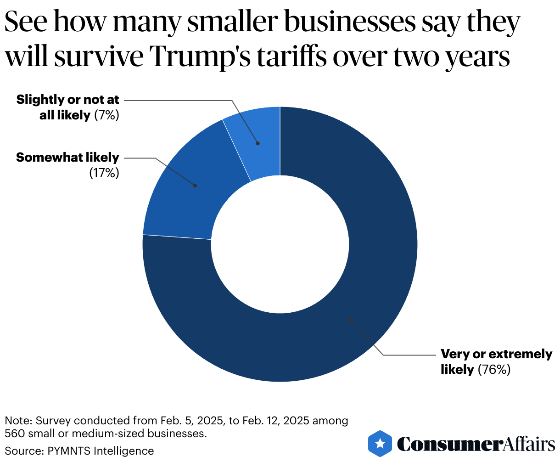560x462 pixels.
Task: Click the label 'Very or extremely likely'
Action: tap(496, 361)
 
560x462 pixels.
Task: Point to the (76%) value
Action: tap(494, 370)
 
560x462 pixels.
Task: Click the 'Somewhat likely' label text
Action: tap(67, 158)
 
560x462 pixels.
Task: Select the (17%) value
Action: tap(104, 173)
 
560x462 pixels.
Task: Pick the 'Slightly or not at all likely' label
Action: tap(67, 107)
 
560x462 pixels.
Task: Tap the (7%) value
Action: tap(106, 115)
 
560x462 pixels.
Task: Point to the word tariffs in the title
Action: tap(289, 57)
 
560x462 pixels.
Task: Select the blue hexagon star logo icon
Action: tap(380, 444)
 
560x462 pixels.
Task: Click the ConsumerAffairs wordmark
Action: tap(476, 444)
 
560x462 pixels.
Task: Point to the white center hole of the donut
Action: tap(280, 244)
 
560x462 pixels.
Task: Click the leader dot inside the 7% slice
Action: tap(258, 143)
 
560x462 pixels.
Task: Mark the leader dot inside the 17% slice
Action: tap(195, 186)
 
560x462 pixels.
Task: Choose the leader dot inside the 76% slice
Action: tap(350, 320)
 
